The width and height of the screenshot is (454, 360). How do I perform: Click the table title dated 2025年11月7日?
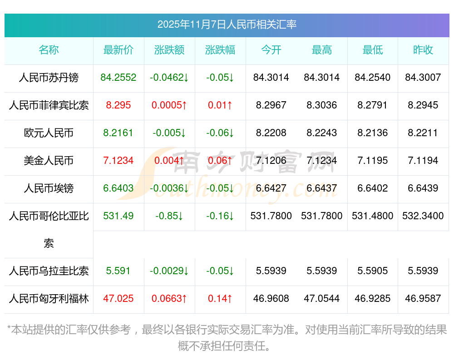[227, 24]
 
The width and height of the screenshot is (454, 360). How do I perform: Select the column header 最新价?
[118, 50]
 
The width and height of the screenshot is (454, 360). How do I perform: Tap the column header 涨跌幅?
[220, 50]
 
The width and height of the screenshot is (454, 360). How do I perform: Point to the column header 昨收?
[423, 50]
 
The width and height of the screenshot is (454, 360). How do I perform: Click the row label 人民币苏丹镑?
[49, 78]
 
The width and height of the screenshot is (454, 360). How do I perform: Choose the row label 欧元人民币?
[49, 133]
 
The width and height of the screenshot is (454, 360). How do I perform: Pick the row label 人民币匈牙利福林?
[49, 299]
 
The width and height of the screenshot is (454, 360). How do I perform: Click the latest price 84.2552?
[118, 78]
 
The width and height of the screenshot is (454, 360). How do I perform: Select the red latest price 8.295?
[118, 105]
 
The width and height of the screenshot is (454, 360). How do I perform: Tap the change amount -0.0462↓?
[169, 78]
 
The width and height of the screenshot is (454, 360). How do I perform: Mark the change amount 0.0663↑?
[169, 299]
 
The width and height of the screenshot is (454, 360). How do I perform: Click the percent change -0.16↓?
[220, 216]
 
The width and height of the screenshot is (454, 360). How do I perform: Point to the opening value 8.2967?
[271, 105]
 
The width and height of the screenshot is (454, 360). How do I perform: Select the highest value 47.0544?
[322, 299]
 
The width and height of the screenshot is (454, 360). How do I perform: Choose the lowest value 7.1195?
[373, 161]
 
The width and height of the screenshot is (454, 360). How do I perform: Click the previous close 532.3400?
[423, 216]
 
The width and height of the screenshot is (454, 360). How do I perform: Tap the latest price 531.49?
[118, 216]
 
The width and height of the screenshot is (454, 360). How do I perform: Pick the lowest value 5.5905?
[373, 271]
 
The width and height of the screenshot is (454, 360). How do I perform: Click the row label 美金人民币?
[49, 161]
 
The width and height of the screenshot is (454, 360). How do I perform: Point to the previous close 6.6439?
[423, 188]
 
